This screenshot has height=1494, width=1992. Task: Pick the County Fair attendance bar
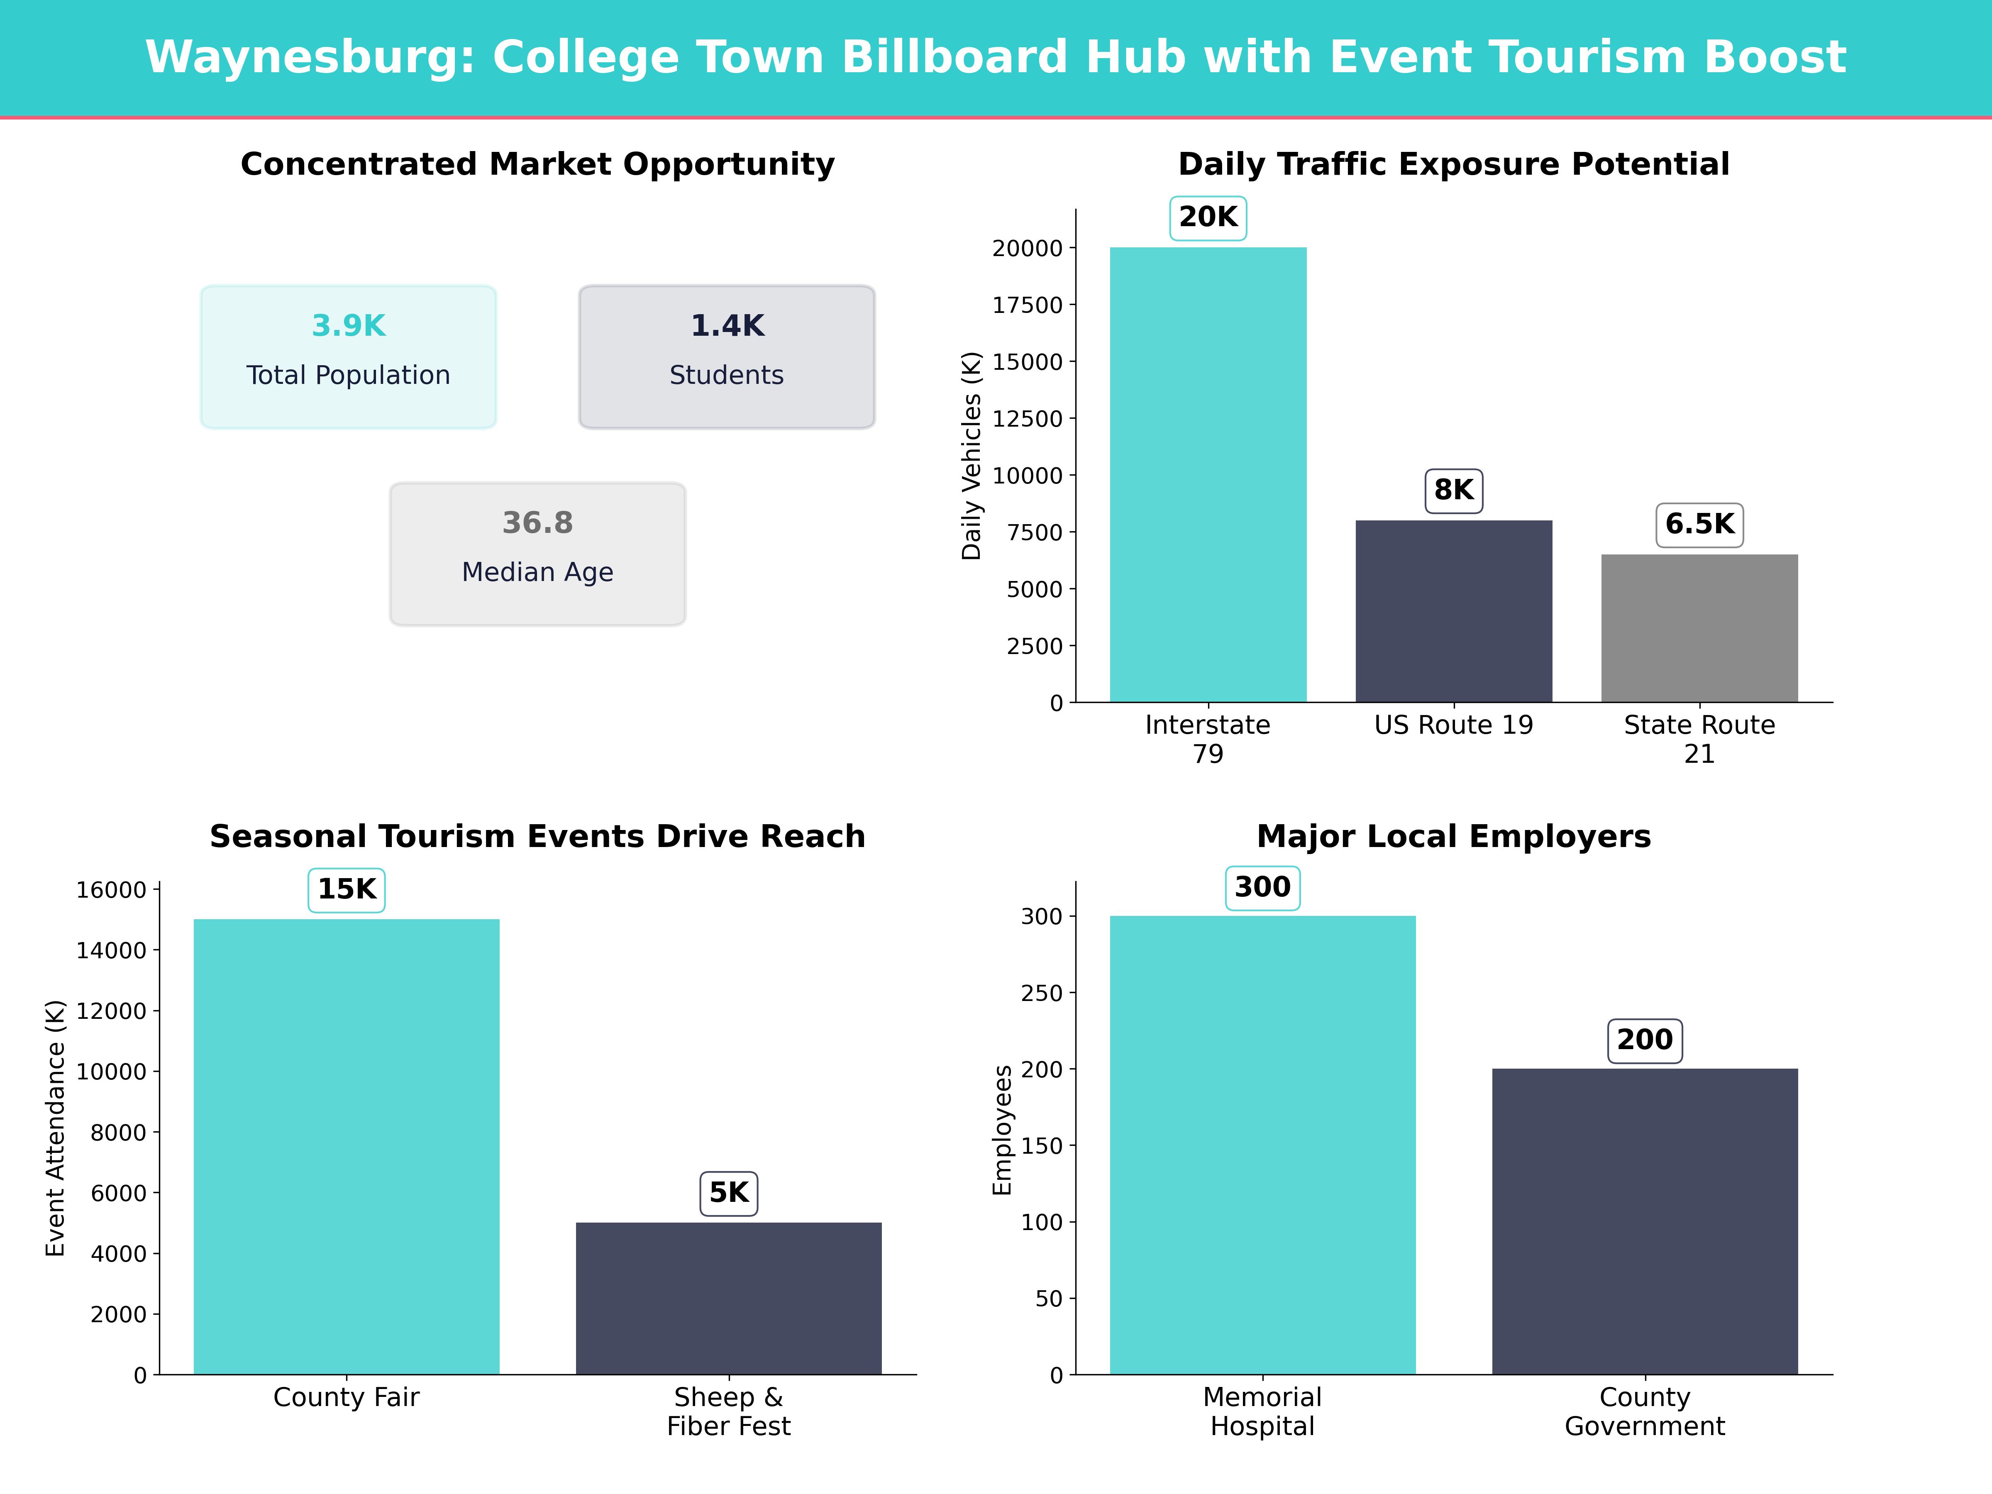(x=347, y=1146)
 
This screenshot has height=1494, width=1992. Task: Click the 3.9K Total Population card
(x=349, y=356)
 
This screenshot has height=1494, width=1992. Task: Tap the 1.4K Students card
(x=727, y=356)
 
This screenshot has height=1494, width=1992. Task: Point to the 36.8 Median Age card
(x=537, y=554)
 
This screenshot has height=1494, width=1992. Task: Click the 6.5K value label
(x=1699, y=524)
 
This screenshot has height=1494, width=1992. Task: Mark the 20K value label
(x=1208, y=217)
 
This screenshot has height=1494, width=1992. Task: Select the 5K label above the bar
(x=729, y=1193)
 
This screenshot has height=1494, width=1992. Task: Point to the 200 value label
(x=1644, y=1040)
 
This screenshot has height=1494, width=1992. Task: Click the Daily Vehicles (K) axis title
(x=971, y=456)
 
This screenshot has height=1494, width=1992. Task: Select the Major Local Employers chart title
(x=1453, y=837)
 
